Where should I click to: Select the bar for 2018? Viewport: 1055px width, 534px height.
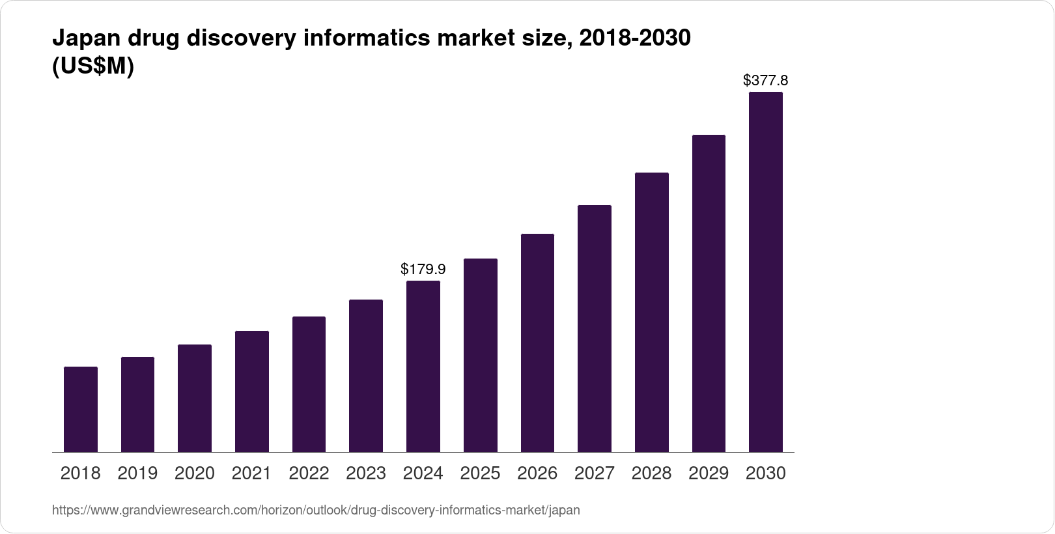(81, 409)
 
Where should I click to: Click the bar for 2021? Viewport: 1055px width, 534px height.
(252, 391)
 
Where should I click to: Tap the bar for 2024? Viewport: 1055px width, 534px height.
(423, 366)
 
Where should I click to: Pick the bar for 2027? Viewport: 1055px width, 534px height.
(594, 328)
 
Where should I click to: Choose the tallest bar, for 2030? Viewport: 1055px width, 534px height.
(765, 272)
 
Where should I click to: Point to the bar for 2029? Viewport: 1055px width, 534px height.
(709, 293)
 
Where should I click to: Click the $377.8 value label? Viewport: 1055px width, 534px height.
(765, 81)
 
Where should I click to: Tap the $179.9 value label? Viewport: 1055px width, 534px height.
(423, 269)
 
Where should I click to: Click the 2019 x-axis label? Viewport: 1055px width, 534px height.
(137, 473)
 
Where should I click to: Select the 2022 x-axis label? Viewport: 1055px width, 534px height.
(309, 473)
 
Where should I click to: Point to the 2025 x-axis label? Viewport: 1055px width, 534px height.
(480, 473)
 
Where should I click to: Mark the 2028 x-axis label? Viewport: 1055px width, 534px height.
(651, 473)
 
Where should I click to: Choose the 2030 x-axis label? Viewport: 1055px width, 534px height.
(765, 473)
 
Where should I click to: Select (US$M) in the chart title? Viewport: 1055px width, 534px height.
(92, 66)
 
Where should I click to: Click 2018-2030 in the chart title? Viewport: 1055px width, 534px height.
(634, 39)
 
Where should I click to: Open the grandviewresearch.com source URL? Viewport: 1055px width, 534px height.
(316, 511)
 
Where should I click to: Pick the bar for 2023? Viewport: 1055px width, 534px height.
(366, 376)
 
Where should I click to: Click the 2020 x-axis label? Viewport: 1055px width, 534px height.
(195, 473)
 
